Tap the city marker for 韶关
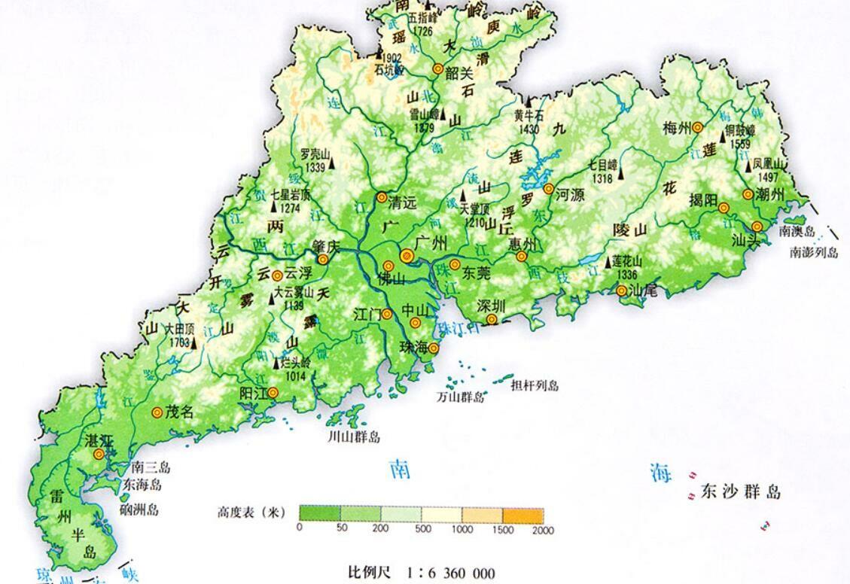pos(437,68)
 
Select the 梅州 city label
pos(677,127)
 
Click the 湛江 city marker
pos(99,455)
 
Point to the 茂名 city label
pos(180,412)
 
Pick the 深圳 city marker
pos(492,320)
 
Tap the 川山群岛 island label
pos(354,437)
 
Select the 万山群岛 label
pos(461,397)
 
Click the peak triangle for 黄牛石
pos(528,102)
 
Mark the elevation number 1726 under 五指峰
pos(422,31)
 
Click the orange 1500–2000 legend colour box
pos(522,514)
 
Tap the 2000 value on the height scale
pos(542,531)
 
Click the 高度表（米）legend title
pos(248,514)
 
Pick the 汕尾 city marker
pos(622,290)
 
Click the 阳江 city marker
pos(273,392)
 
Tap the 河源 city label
pos(571,193)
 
